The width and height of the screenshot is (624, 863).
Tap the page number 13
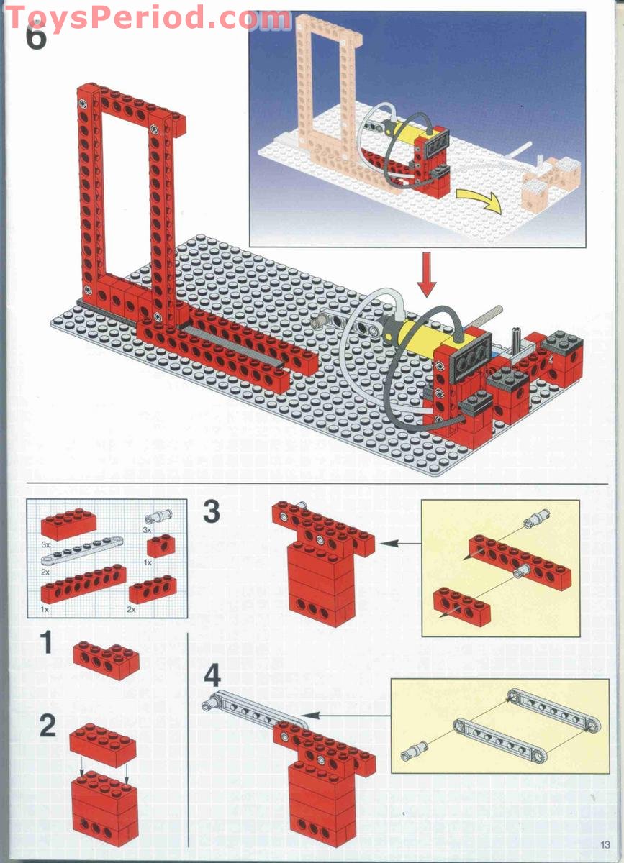pyautogui.click(x=605, y=844)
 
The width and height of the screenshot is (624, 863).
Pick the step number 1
pyautogui.click(x=47, y=643)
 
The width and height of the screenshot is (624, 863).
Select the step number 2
pyautogui.click(x=47, y=726)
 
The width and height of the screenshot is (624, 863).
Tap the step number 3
pyautogui.click(x=210, y=512)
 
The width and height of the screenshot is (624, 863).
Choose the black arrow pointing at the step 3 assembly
pyautogui.click(x=399, y=544)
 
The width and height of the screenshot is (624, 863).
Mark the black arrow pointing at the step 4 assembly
pyautogui.click(x=345, y=716)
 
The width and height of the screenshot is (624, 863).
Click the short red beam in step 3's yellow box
pyautogui.click(x=461, y=603)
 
